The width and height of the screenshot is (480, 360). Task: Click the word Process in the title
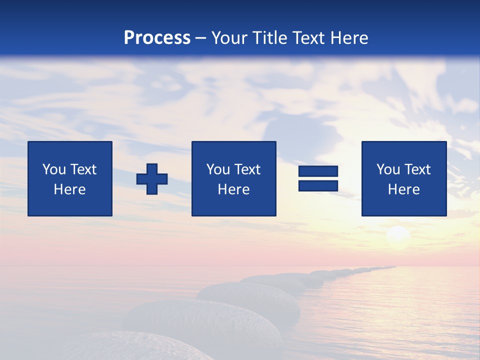157,38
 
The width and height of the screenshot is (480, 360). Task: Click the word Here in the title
349,38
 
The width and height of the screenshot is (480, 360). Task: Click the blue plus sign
152,179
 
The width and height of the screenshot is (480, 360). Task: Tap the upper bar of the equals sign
318,171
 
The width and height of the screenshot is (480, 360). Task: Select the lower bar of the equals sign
318,186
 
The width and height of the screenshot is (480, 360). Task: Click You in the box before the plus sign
54,169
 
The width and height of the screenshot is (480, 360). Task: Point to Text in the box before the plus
83,169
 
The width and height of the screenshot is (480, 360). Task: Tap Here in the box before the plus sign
69,189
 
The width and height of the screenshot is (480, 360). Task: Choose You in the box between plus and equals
218,169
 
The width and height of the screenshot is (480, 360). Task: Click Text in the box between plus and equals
247,169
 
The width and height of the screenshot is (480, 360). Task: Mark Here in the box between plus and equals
233,189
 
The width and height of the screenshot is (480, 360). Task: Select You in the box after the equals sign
388,169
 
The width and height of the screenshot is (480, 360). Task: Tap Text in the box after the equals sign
417,169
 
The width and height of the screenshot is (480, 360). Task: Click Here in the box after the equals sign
403,189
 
